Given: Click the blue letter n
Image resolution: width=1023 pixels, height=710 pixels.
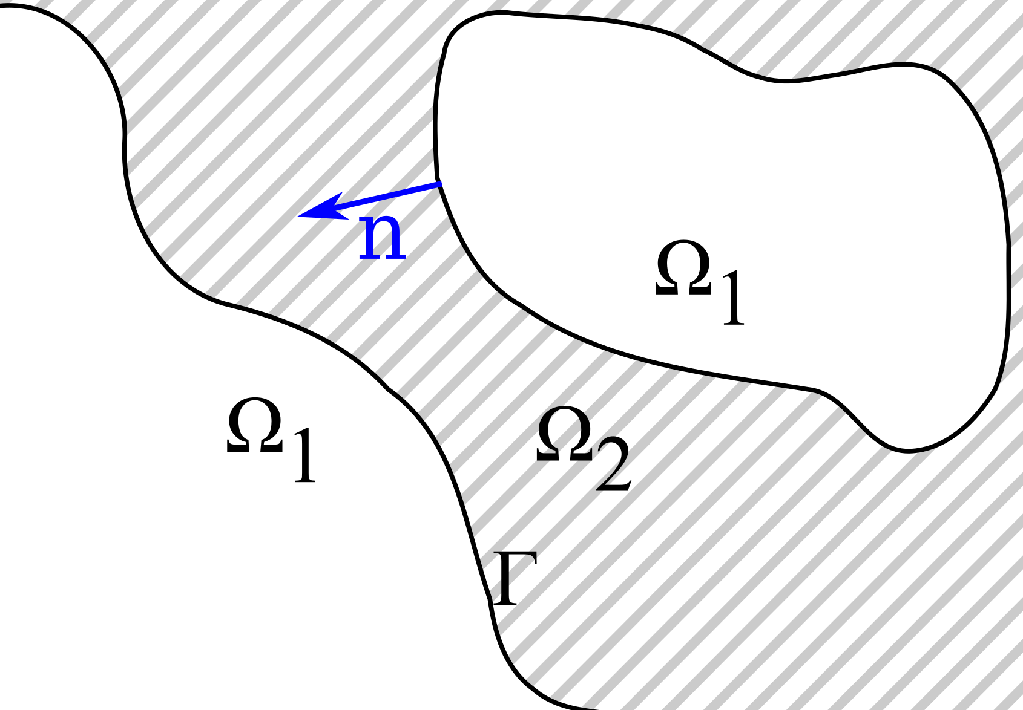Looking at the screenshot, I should (382, 238).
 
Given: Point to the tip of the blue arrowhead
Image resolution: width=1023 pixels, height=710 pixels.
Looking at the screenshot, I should (298, 216).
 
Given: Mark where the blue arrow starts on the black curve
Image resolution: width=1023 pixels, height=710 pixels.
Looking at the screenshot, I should (439, 182).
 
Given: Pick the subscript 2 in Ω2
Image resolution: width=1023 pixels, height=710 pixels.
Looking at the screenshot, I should (613, 465).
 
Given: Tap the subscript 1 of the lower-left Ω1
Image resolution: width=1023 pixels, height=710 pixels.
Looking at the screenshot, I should (304, 455).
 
